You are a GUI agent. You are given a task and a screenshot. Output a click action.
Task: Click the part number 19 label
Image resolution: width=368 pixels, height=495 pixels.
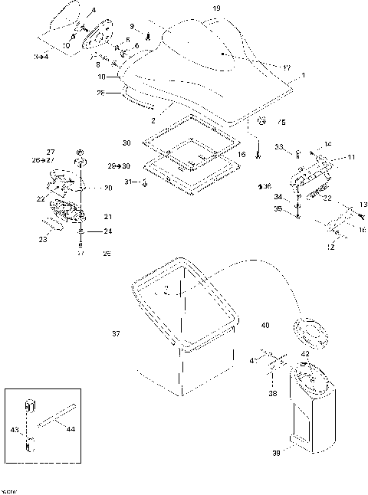[216, 8]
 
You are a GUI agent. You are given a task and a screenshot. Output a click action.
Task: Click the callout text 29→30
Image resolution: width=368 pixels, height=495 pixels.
[119, 166]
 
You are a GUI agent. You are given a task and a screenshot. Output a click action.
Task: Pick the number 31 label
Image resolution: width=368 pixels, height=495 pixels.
[128, 182]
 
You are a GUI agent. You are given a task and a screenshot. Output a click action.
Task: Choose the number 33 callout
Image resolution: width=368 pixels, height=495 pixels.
[278, 147]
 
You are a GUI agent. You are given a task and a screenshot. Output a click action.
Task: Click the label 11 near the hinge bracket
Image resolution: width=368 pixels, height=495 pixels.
[352, 157]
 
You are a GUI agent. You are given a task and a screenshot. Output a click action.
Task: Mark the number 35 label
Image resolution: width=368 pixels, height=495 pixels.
[278, 208]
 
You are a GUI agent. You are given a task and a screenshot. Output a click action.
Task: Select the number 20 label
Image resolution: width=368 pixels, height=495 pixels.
[108, 188]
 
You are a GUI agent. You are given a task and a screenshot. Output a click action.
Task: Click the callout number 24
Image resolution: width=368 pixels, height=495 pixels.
[108, 230]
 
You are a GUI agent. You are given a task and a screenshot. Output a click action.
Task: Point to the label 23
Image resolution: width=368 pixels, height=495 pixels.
[43, 239]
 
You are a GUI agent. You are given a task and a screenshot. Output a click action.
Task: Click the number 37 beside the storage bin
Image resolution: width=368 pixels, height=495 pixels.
[117, 333]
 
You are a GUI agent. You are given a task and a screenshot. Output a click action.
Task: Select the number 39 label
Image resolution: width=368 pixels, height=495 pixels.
[275, 454]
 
